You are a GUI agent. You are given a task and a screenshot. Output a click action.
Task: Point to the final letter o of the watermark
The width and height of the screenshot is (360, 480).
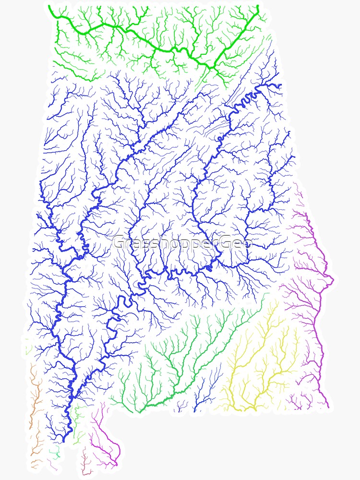[x=247, y=244]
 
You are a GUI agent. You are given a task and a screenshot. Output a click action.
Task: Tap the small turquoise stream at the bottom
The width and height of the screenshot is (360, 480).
[x=56, y=452]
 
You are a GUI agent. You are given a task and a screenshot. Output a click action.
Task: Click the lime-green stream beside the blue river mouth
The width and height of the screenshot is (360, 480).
[x=77, y=422]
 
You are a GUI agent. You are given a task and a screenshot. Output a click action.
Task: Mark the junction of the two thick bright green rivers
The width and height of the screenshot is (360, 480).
[x=211, y=65]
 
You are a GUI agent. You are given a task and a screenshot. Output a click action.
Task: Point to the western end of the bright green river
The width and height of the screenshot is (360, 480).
[x=54, y=14]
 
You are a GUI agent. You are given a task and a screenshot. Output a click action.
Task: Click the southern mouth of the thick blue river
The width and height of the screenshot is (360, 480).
[x=63, y=439]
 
